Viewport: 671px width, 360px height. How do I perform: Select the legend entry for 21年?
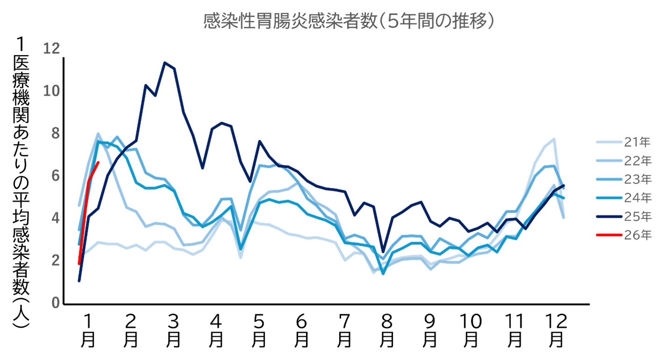point(624,142)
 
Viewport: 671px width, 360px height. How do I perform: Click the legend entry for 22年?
point(624,161)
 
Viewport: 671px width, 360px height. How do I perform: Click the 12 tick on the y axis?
point(52,48)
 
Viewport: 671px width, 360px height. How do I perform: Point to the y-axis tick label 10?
point(52,91)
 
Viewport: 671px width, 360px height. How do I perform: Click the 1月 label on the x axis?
point(88,331)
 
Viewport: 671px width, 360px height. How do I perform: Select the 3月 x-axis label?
point(173,331)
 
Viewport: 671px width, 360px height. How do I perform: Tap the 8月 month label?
point(386,331)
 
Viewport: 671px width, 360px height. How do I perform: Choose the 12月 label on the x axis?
point(556,331)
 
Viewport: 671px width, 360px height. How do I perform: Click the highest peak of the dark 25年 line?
point(165,62)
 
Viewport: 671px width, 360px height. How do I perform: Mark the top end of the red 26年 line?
point(98,162)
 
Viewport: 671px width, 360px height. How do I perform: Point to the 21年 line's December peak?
point(554,138)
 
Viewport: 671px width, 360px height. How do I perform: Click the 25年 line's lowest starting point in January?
point(79,281)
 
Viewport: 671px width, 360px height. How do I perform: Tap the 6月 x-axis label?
point(301,331)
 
